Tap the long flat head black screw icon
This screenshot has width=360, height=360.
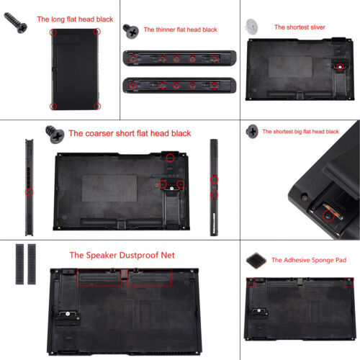tap(17, 24)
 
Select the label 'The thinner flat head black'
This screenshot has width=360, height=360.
tap(181, 30)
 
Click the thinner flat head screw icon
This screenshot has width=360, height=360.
tap(130, 30)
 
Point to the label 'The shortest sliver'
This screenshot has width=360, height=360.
tap(300, 27)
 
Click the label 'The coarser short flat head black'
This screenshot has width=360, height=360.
tap(130, 133)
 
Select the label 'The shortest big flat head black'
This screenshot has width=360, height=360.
tap(300, 132)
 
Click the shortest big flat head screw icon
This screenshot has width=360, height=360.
tap(252, 131)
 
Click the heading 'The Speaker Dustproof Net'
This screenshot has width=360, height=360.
tap(122, 255)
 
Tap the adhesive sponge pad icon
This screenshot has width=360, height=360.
tap(257, 259)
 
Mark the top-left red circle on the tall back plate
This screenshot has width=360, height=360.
tap(53, 32)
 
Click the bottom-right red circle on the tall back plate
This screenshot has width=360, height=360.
tap(97, 105)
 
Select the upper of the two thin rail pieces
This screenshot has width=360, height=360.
tap(180, 58)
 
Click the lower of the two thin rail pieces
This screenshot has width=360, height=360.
tap(180, 84)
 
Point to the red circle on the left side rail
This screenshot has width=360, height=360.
tap(29, 192)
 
